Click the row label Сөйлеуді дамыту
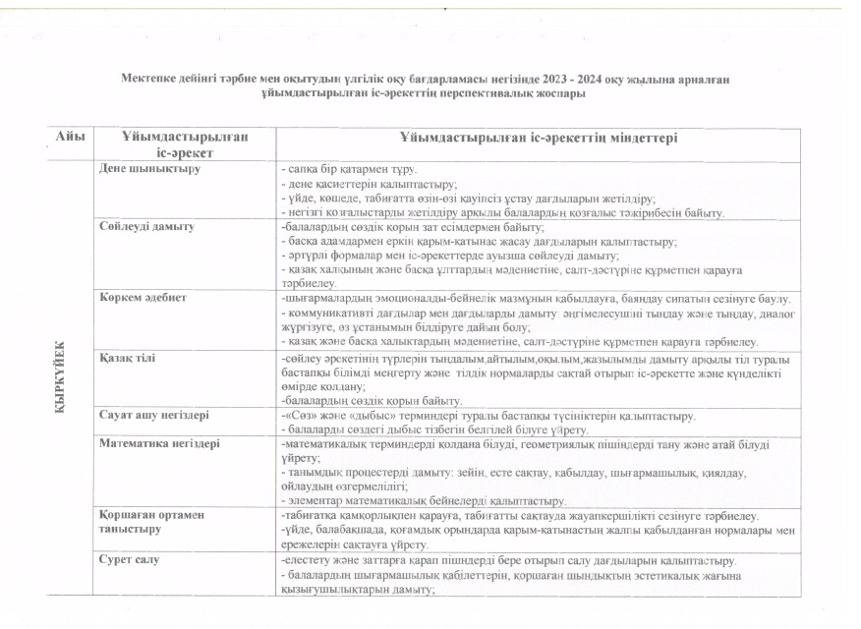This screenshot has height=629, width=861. (146, 226)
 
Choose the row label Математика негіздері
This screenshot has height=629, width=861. (159, 443)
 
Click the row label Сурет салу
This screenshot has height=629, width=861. (130, 560)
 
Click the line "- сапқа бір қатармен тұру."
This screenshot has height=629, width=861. (347, 169)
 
